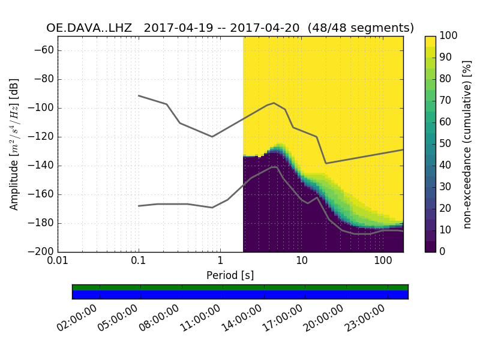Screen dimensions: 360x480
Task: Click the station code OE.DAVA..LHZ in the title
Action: [89, 28]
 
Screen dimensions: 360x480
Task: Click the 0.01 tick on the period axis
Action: [58, 262]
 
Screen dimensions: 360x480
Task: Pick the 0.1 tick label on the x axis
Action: [139, 262]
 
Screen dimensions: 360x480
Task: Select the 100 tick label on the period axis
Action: [383, 262]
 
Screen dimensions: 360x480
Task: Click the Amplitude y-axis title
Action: [14, 144]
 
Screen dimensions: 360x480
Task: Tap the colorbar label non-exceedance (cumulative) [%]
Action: [468, 144]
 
